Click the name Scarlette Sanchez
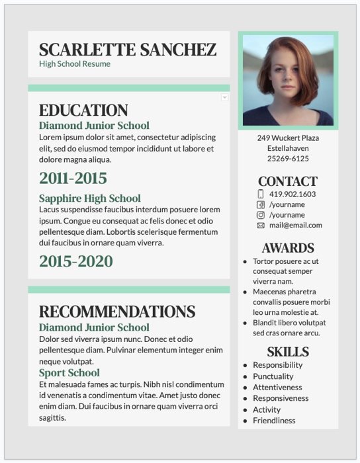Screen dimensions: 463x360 128,50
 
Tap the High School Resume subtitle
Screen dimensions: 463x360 75,64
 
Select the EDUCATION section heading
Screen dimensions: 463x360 83,110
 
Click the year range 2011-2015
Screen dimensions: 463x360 73,179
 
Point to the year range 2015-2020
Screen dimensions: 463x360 76,262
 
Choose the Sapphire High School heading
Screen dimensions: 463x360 90,198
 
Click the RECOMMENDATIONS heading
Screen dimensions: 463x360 117,312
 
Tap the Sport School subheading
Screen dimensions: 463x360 69,373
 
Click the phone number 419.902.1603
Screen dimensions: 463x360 292,194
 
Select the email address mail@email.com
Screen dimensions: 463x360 295,226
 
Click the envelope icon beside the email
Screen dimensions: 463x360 261,226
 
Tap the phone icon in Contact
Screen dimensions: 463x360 261,194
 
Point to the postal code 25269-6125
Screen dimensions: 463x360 288,159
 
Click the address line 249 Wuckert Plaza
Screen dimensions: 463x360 288,138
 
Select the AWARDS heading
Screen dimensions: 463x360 288,248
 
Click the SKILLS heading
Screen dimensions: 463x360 288,351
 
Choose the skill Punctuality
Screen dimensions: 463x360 273,376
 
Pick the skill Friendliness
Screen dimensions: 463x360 274,421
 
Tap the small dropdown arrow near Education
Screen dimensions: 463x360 224,97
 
